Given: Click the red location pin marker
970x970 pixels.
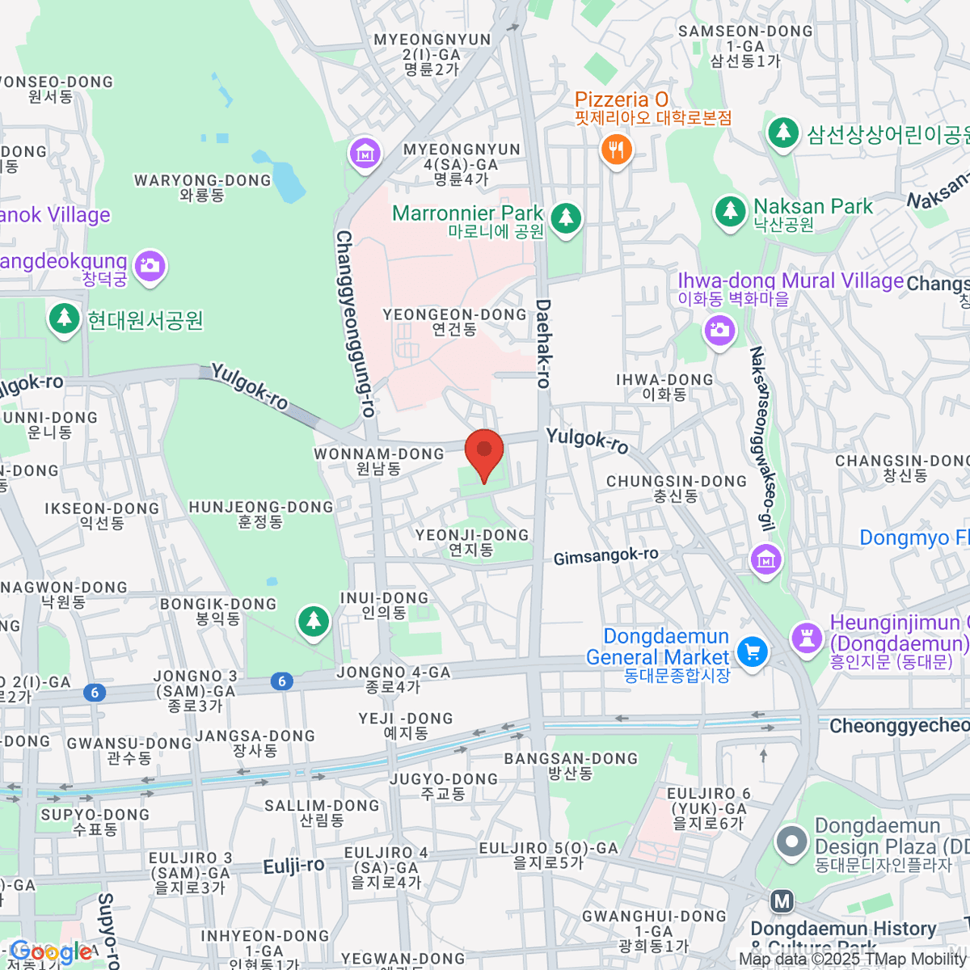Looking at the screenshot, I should point(484,452).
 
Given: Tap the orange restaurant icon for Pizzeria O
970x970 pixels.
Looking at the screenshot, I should point(616,150).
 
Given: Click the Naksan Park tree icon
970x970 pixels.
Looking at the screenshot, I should point(730,211).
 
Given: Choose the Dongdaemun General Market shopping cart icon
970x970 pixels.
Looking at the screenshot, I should point(752,652).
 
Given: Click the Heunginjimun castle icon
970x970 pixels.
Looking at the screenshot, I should point(806,636).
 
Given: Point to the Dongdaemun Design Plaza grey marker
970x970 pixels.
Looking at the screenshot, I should point(791,841).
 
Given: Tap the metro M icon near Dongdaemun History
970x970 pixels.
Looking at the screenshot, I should point(781,901).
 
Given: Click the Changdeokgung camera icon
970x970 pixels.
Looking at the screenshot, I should point(150,265).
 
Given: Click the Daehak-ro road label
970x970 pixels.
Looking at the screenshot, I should point(543,344).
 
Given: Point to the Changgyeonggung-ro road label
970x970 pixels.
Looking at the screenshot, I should point(356,323).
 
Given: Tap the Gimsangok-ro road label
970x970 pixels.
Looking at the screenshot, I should point(605,556).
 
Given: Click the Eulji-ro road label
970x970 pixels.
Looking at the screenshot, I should point(293,866).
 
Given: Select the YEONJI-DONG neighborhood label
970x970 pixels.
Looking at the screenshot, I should point(472,542).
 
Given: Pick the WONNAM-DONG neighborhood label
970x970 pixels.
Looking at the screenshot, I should point(379,461).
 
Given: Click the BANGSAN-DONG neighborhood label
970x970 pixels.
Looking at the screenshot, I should point(571,765).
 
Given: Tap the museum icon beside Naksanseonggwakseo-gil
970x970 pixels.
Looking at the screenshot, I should point(765,559).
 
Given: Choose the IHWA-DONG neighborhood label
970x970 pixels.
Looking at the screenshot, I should point(664,386).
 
